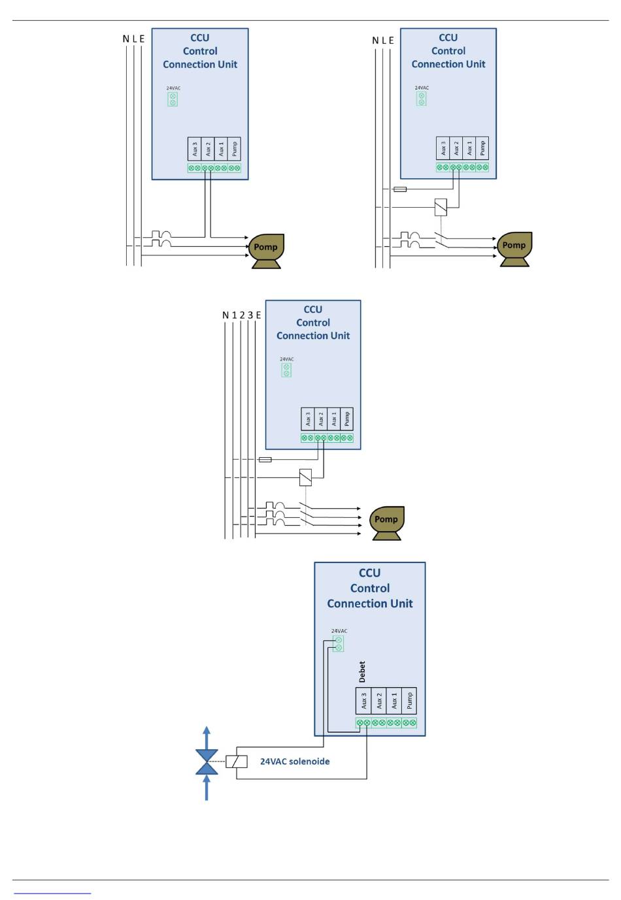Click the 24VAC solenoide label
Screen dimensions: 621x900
tap(295, 761)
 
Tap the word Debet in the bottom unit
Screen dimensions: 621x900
tap(362, 672)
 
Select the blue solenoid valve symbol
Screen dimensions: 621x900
tap(207, 762)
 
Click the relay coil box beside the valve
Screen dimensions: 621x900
tap(236, 762)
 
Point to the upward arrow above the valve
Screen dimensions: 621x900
tap(207, 737)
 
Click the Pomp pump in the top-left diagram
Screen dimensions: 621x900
tap(266, 251)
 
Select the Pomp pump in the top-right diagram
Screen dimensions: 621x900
tap(514, 249)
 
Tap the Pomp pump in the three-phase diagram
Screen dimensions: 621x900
tap(386, 522)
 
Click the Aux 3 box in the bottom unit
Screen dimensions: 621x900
tap(363, 701)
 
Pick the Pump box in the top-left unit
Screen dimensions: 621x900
tap(234, 149)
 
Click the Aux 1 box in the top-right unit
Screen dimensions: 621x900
tap(469, 148)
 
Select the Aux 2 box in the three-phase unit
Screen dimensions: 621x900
tap(320, 419)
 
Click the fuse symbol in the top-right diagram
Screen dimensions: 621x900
tap(400, 189)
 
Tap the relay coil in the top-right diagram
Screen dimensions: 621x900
tap(441, 207)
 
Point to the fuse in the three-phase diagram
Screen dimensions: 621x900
tap(265, 459)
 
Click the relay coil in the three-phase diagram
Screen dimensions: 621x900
tap(306, 477)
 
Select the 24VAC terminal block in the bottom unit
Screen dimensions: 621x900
tap(338, 643)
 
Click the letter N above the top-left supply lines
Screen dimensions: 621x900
tap(126, 39)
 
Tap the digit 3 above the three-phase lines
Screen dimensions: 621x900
tap(250, 315)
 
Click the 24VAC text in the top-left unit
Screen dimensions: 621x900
tap(173, 88)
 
